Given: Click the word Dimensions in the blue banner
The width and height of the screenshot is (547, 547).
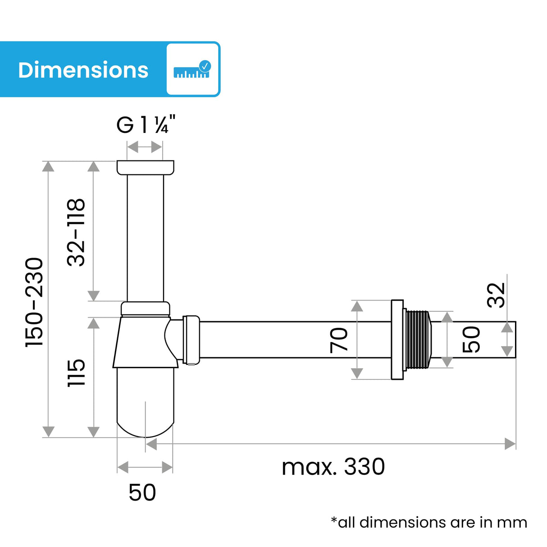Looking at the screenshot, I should coord(83,70).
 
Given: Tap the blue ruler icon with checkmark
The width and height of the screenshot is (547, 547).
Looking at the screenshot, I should coord(192,69).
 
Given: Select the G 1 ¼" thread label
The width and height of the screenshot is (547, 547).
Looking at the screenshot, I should coord(145,125).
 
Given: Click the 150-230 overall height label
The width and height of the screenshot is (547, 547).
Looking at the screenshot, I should coord(35,302).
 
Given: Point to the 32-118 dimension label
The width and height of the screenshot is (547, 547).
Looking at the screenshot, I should coord(76,232).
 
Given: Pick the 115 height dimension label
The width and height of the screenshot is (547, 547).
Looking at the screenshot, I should coord(76,373).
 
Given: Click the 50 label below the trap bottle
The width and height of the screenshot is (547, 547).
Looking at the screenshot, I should coord(142,492).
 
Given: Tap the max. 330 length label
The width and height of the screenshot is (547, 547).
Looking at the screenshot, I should coord(333,467).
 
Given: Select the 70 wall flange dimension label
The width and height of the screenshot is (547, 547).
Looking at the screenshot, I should coord(339,340).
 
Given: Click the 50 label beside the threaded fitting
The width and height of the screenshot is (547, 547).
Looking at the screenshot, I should coord(471,340).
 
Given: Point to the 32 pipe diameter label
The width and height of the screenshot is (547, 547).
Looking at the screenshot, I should coord(497,295).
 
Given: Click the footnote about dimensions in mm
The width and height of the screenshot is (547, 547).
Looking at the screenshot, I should coord(428,522).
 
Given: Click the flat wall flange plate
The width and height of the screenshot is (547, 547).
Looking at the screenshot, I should coord(397,340).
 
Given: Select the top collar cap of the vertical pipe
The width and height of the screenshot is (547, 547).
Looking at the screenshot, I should coord(145,168).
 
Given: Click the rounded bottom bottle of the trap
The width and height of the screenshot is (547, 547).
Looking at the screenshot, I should coord(145,401).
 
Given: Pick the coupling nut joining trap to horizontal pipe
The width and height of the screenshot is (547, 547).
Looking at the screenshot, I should coord(191,340).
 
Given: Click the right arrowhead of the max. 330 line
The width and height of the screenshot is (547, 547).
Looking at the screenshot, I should coord(510,444).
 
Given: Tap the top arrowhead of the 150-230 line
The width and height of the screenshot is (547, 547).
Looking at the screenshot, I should coord(48,166).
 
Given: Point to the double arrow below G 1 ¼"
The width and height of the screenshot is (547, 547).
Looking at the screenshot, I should coord(145,147).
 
